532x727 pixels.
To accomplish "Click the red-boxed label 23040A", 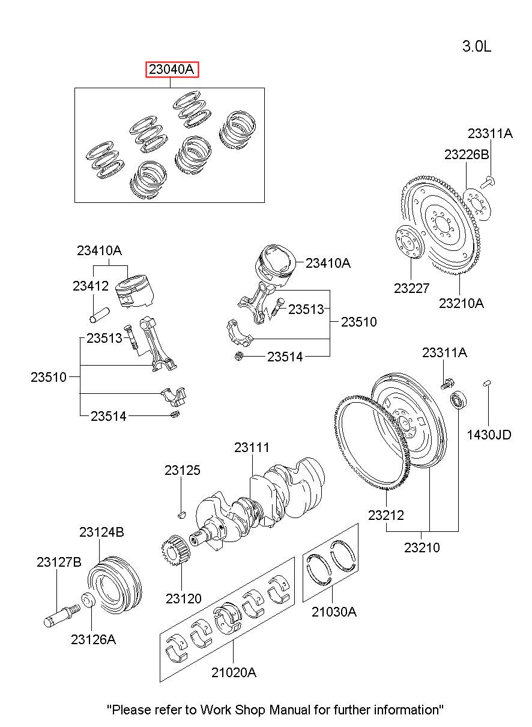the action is click(x=172, y=69).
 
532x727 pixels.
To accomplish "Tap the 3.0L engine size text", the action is click(x=477, y=46).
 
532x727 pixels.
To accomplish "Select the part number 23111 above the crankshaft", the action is click(x=252, y=448).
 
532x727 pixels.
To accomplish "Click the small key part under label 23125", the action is click(x=182, y=514).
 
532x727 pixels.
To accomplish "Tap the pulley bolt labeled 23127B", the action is click(x=61, y=614).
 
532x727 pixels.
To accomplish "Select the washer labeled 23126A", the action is click(x=88, y=600).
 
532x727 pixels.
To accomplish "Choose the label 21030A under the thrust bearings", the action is click(x=334, y=612).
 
